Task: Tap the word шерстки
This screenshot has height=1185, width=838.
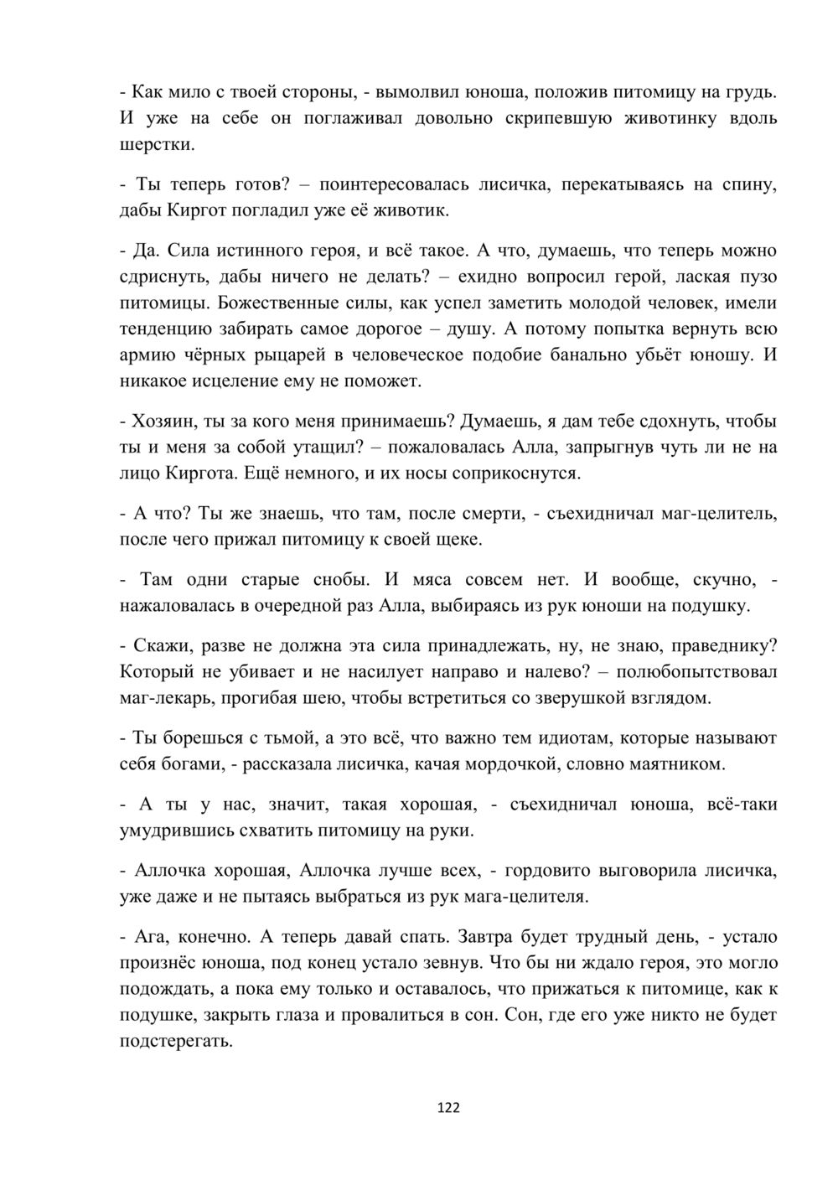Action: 157,145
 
